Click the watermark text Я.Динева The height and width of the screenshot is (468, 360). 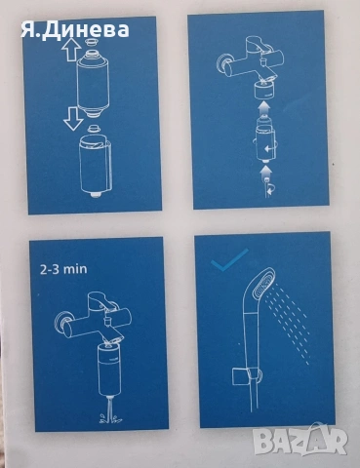coord(75,30)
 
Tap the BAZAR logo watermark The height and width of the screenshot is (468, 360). coord(300,440)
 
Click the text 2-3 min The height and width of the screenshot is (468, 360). coord(63,269)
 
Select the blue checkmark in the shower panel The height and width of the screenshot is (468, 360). coord(229,260)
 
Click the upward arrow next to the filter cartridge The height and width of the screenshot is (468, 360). coord(71,50)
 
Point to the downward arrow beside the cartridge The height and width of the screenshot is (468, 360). coord(73,119)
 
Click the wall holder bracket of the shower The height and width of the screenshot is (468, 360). coord(247,376)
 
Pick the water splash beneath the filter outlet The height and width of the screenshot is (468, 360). coord(111,417)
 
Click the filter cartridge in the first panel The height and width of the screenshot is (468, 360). coord(93,82)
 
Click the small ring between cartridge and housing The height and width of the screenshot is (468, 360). coord(94,127)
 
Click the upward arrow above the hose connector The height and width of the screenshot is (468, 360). coord(265,173)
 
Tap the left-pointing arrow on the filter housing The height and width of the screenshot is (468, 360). coord(268,149)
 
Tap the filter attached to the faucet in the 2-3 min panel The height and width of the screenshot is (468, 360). coord(110,369)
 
